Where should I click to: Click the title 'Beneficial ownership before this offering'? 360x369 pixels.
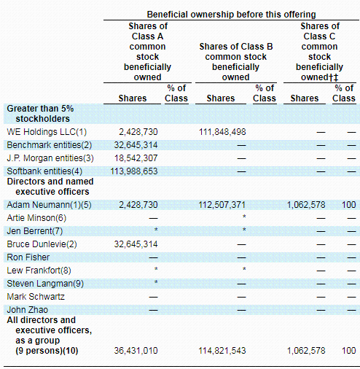click(231, 15)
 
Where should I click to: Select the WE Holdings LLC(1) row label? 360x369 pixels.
click(47, 132)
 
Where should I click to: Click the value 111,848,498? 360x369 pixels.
click(222, 132)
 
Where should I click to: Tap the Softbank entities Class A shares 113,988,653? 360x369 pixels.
click(134, 171)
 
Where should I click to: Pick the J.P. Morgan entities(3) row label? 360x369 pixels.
click(50, 158)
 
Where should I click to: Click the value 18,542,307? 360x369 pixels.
click(136, 158)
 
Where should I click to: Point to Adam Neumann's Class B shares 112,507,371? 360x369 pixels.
click(222, 205)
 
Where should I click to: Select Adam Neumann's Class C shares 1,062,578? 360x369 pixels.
click(306, 205)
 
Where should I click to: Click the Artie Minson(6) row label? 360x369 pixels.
click(36, 218)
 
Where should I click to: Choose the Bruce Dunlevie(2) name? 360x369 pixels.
click(42, 244)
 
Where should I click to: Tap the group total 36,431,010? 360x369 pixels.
click(136, 351)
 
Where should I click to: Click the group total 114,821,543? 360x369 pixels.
click(222, 351)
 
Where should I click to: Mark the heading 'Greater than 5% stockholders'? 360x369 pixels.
click(40, 114)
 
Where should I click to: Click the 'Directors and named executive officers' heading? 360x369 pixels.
click(50, 187)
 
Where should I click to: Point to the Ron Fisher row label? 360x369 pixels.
click(28, 257)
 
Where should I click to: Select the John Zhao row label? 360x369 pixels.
click(28, 310)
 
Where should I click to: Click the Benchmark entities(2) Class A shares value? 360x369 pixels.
click(136, 145)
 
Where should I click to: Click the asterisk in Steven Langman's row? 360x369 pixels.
click(156, 282)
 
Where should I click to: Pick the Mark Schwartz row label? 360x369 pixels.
click(36, 297)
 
